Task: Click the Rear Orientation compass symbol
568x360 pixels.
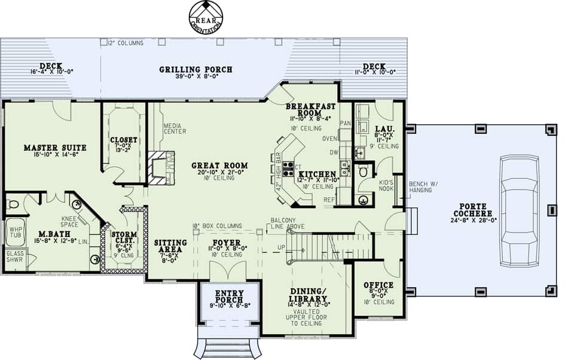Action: (x=206, y=16)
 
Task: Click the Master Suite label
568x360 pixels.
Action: (x=55, y=148)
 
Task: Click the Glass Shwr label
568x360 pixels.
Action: (x=14, y=257)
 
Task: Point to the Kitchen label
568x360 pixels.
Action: (x=316, y=174)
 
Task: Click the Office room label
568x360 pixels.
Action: (x=378, y=285)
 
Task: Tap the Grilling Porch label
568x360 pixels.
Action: (x=196, y=70)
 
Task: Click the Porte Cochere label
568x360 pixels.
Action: (x=472, y=209)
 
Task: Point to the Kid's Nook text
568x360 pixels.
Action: (x=386, y=185)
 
